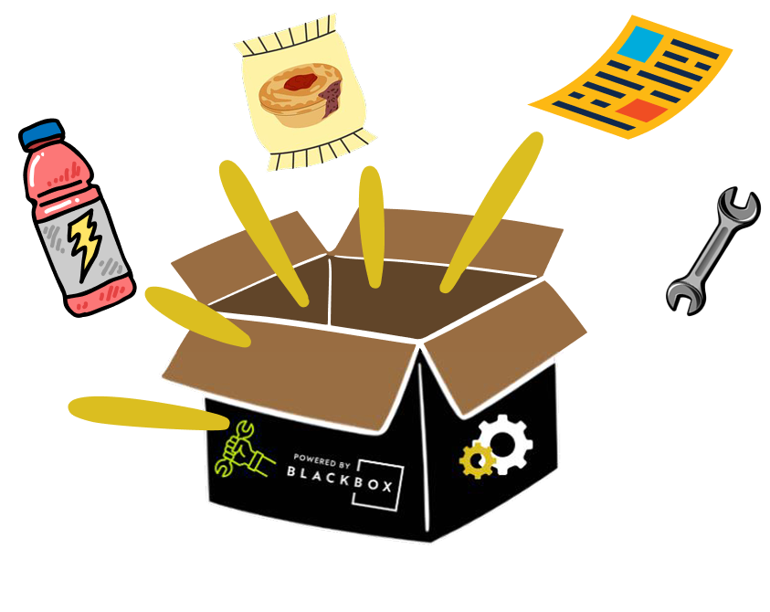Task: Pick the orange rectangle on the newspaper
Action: pos(640,111)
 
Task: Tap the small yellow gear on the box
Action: pos(476,460)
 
